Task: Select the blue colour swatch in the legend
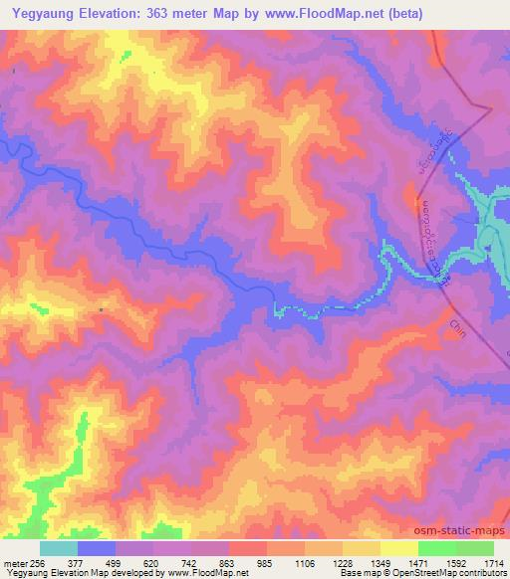pos(96,548)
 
